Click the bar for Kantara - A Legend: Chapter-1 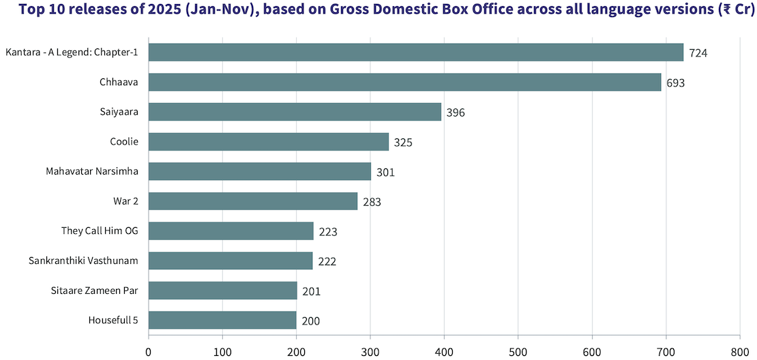point(416,52)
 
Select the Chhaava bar point(404,82)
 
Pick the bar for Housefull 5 point(222,320)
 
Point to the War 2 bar point(253,201)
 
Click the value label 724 point(698,53)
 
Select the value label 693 point(675,83)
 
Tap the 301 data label point(385,172)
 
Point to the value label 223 point(328,232)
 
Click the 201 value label point(311,292)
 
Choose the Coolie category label point(124,142)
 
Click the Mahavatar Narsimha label point(92,171)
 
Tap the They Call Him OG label point(100,231)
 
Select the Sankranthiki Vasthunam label point(84,260)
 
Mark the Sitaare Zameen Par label point(95,290)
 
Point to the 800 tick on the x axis point(739,352)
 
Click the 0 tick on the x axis point(149,352)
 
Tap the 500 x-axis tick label point(518,352)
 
